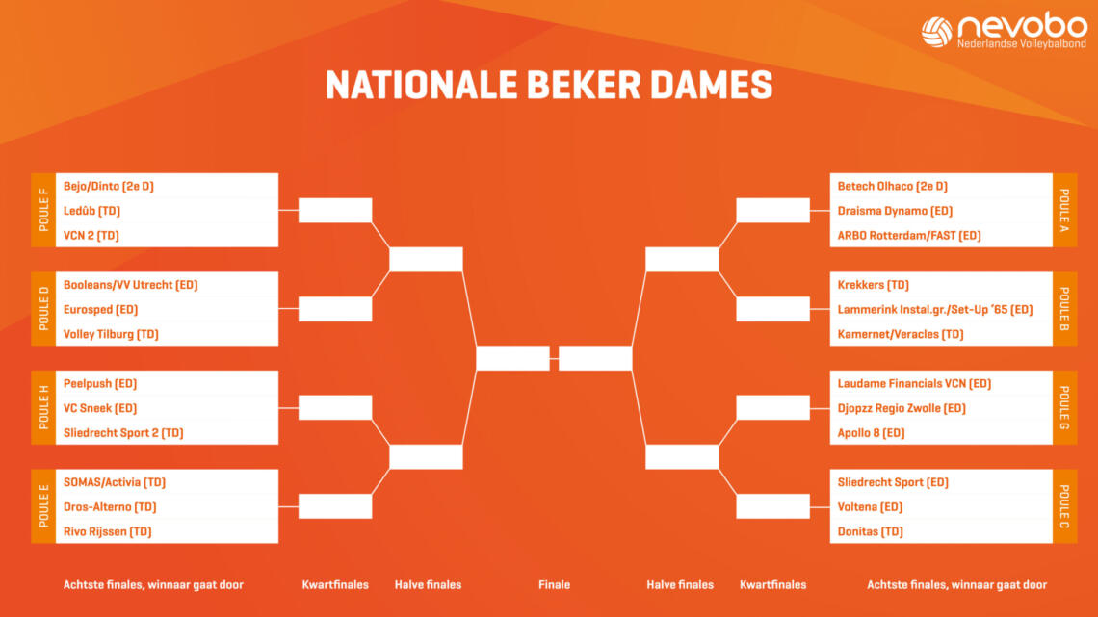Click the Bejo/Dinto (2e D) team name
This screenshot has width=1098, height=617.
pos(109,186)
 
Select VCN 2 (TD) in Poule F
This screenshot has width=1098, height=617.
pos(91,236)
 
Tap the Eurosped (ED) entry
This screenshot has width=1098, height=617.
pos(100,309)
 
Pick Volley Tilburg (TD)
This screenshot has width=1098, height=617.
pos(111,334)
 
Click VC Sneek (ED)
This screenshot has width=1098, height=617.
pos(100,408)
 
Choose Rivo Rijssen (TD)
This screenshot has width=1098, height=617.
pos(107,531)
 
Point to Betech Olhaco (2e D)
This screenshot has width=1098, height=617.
pos(892,186)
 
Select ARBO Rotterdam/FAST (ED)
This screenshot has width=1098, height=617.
pos(909,236)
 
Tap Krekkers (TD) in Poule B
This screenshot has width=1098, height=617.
pos(874,285)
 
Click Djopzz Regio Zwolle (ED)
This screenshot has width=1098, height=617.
pos(902,408)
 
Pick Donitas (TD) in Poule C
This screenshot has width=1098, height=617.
pos(871,531)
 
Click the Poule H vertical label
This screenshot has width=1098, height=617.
pos(43,407)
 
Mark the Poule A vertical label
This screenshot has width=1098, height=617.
pos(1064,210)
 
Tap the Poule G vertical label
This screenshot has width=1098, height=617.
pos(1064,407)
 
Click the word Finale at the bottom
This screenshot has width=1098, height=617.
pos(554,585)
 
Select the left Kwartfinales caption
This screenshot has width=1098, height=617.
pos(335,585)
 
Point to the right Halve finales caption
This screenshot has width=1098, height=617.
pos(680,585)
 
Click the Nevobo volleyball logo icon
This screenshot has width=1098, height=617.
pos(937,32)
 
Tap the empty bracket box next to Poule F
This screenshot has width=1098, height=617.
pos(335,210)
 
